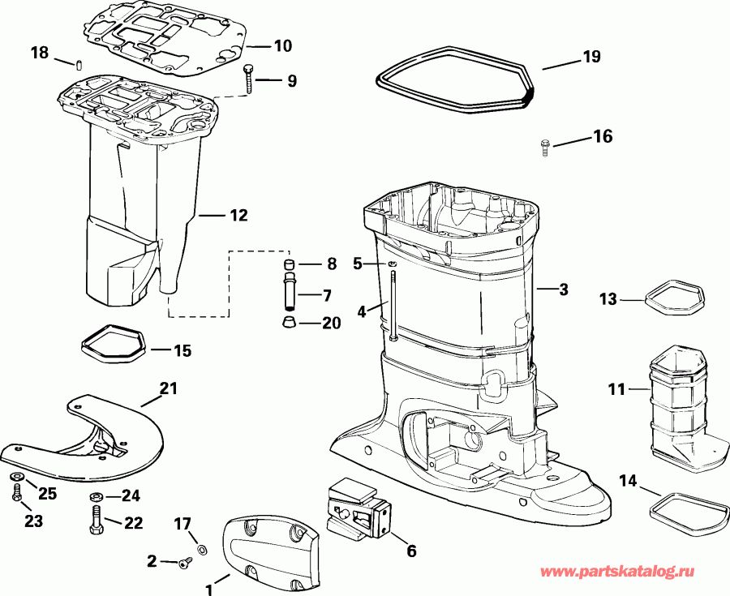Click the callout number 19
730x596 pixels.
(591, 57)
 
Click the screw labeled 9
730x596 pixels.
(248, 79)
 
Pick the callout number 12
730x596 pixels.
(238, 217)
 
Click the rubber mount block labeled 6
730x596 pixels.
(358, 509)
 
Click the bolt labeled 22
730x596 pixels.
(96, 521)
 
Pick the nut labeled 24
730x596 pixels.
(96, 496)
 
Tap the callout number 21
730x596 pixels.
(167, 390)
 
